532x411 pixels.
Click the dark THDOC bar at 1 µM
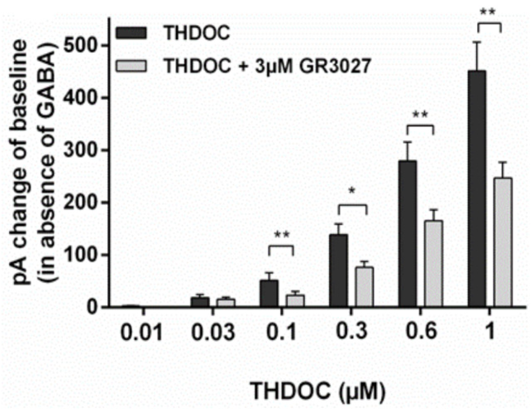[477, 188]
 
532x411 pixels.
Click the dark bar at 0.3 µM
[338, 270]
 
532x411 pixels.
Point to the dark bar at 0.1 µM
[269, 293]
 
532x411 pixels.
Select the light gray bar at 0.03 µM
[226, 303]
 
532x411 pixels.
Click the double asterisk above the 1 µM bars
[488, 12]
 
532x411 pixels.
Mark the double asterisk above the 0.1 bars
[282, 235]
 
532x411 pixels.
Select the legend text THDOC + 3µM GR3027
[267, 66]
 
